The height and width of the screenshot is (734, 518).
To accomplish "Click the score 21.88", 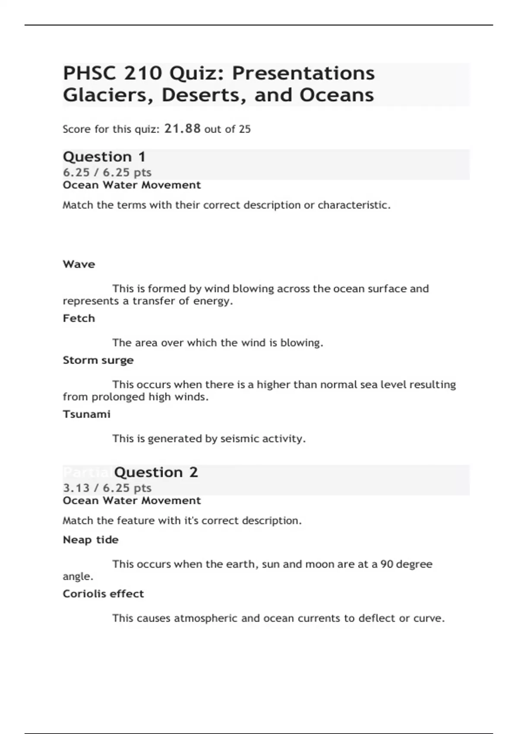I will pos(183,129).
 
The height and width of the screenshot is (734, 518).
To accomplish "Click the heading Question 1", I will pos(104,157).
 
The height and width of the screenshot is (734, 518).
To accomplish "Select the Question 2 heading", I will pos(156,472).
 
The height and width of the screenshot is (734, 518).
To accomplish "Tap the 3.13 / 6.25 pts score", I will pos(107,488).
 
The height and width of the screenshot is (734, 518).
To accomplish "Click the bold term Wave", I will pos(79,264).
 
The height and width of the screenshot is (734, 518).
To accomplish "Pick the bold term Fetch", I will pos(79,318).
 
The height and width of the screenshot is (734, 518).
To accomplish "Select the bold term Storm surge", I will pos(98,360).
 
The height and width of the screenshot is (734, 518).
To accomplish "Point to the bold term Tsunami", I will pos(87,414).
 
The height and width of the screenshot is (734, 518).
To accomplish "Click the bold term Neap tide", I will pos(91,540).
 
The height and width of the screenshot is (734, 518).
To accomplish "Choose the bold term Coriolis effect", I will pos(103,594).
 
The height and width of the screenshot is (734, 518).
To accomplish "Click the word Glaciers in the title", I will pos(108,95).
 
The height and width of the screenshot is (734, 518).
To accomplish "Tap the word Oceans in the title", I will pos(337,95).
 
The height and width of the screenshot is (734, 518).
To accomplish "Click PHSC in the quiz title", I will pos(90,73).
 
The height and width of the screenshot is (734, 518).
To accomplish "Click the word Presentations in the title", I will pos(303,73).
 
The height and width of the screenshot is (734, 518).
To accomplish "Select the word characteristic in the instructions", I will pos(354,205).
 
